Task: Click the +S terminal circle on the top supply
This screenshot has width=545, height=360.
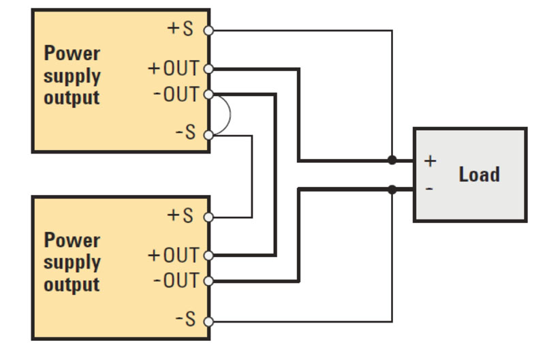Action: (208, 30)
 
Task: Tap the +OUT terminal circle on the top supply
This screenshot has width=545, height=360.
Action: (208, 69)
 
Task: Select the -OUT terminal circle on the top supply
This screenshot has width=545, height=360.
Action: (208, 94)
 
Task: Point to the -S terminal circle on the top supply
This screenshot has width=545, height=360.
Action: (208, 135)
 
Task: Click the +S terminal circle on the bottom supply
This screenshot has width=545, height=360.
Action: (208, 217)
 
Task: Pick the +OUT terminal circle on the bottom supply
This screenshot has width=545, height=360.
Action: (208, 256)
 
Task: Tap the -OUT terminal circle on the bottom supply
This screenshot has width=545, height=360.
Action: (208, 281)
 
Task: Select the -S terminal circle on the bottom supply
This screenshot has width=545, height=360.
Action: (208, 321)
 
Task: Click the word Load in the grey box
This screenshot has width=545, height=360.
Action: (479, 175)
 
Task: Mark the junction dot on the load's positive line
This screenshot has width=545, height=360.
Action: (392, 161)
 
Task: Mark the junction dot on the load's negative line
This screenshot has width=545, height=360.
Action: (392, 189)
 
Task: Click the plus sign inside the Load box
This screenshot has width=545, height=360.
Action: (430, 161)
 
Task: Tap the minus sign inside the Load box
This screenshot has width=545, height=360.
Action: (429, 188)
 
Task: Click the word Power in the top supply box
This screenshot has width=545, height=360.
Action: (72, 53)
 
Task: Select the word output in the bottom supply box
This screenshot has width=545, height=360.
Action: (72, 284)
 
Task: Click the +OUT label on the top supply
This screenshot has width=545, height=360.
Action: (174, 69)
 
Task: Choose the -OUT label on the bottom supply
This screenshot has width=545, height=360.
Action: (176, 281)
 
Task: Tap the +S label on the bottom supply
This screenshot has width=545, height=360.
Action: (181, 216)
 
